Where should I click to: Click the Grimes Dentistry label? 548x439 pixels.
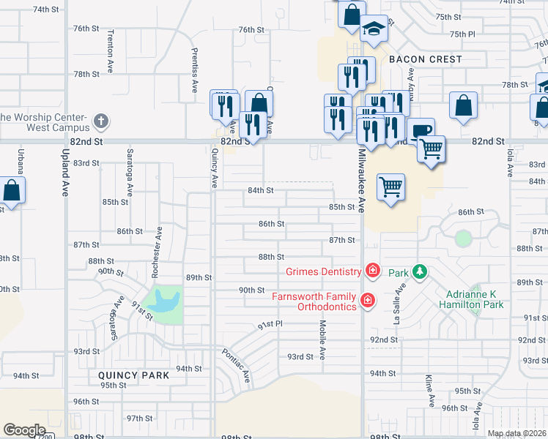pyautogui.click(x=323, y=272)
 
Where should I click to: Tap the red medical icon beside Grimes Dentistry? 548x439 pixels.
pyautogui.click(x=372, y=271)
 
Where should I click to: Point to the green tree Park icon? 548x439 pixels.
pyautogui.click(x=419, y=272)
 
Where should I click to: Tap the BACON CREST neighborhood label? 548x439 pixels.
pyautogui.click(x=426, y=59)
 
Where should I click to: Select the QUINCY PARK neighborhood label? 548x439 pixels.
pyautogui.click(x=134, y=375)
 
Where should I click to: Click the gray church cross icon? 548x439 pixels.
pyautogui.click(x=101, y=119)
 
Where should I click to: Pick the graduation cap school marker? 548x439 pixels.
pyautogui.click(x=374, y=29)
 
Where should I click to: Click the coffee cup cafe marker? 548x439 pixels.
pyautogui.click(x=421, y=131)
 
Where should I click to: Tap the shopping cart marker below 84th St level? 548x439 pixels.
pyautogui.click(x=391, y=187)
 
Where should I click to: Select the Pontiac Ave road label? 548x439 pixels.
pyautogui.click(x=240, y=366)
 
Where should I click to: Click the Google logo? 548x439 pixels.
pyautogui.click(x=24, y=430)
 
